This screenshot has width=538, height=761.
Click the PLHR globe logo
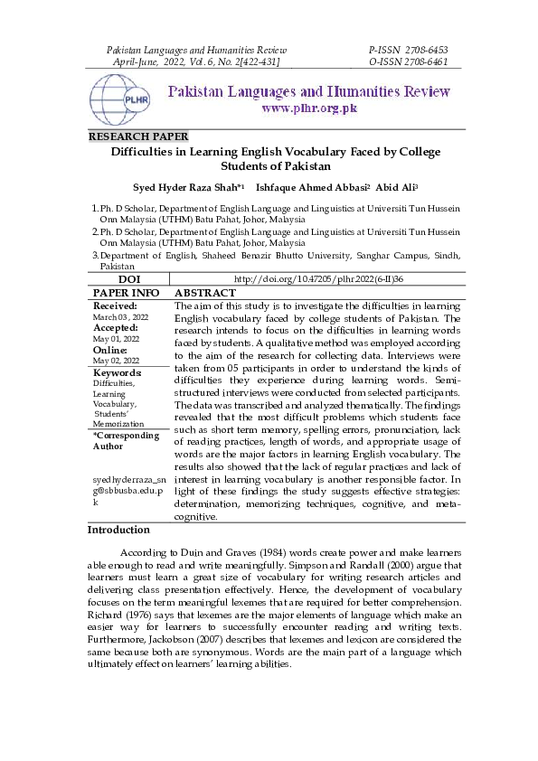[121, 99]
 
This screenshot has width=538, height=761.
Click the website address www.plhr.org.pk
[309, 108]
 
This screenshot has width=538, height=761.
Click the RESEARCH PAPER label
[137, 136]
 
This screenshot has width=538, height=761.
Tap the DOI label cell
[128, 280]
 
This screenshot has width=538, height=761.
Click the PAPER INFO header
[126, 294]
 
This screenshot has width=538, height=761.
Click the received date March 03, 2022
[121, 317]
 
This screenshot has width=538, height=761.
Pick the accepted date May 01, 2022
[114, 338]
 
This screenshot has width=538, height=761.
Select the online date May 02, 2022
[114, 360]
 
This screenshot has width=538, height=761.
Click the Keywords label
[118, 372]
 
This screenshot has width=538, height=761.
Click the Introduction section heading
[118, 530]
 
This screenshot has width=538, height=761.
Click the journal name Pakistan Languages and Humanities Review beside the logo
[308, 91]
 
